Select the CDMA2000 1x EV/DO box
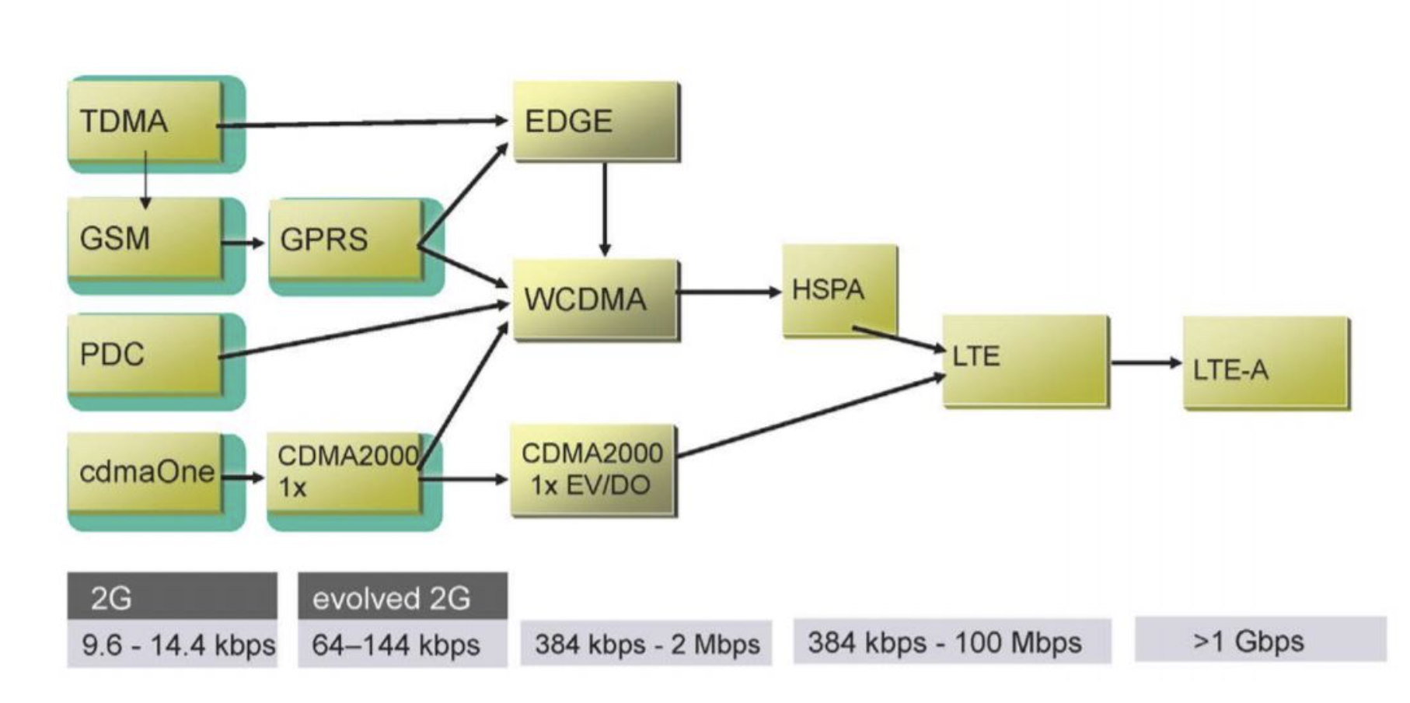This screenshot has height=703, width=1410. [x=592, y=470]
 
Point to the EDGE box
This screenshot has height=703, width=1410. [x=595, y=121]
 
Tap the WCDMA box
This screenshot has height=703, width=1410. [x=595, y=299]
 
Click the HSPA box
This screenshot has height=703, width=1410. [x=839, y=290]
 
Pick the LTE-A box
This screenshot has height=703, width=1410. [x=1265, y=363]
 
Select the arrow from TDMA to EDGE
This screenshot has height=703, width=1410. [x=361, y=122]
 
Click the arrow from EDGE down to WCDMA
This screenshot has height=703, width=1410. [x=605, y=208]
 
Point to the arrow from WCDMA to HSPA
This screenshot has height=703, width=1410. [x=729, y=292]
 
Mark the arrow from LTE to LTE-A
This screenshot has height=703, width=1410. [x=1146, y=362]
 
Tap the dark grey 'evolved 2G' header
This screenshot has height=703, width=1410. [x=403, y=596]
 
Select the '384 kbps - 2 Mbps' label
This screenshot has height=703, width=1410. [x=646, y=643]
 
